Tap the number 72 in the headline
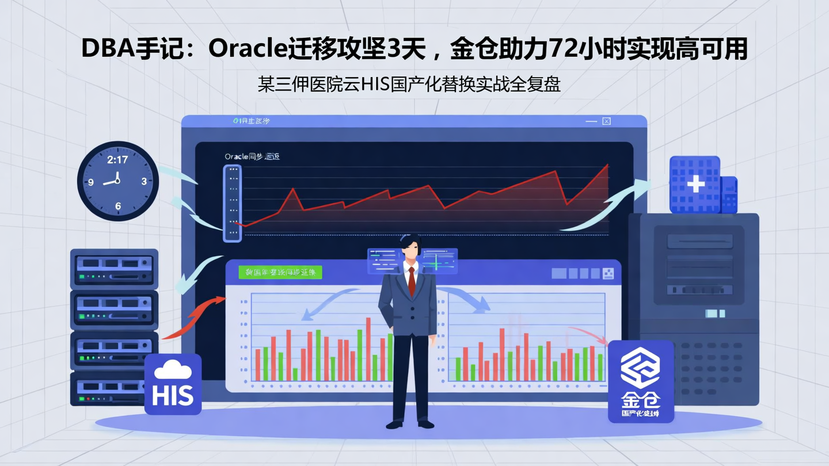(566, 49)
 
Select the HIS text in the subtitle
(375, 85)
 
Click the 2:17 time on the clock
(117, 160)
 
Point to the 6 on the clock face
(118, 206)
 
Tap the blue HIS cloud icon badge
(173, 384)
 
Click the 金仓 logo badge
(641, 381)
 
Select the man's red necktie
(411, 281)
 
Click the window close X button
(606, 121)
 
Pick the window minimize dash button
(591, 121)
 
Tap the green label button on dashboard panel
(280, 272)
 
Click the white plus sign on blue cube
(695, 184)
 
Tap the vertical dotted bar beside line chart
(233, 203)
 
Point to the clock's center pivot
(117, 181)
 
